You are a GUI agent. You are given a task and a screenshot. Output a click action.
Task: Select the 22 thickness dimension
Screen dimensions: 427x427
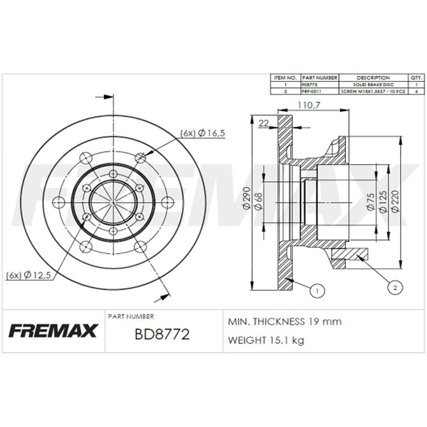coord(264,123)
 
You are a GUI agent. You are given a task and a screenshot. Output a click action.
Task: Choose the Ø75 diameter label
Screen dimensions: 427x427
coord(371,201)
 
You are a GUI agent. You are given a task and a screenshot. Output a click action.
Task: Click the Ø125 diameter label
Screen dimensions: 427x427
coord(383,201)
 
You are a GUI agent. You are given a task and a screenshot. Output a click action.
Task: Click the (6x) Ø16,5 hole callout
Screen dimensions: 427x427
coord(202,133)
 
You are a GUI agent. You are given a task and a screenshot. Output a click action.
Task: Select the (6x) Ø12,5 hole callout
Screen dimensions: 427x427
coord(29,275)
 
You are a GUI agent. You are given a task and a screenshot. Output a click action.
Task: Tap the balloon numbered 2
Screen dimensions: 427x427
coord(395,288)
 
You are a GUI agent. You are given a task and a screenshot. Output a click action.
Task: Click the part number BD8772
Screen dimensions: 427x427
coord(162,334)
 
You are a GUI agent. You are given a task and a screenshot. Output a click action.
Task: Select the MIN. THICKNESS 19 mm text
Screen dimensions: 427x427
coord(285,322)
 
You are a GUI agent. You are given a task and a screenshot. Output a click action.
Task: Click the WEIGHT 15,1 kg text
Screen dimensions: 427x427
coord(266,340)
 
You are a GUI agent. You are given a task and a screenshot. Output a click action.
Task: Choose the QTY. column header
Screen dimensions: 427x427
coord(416,78)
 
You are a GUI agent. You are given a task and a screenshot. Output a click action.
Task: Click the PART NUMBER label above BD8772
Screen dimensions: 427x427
coord(131,316)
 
